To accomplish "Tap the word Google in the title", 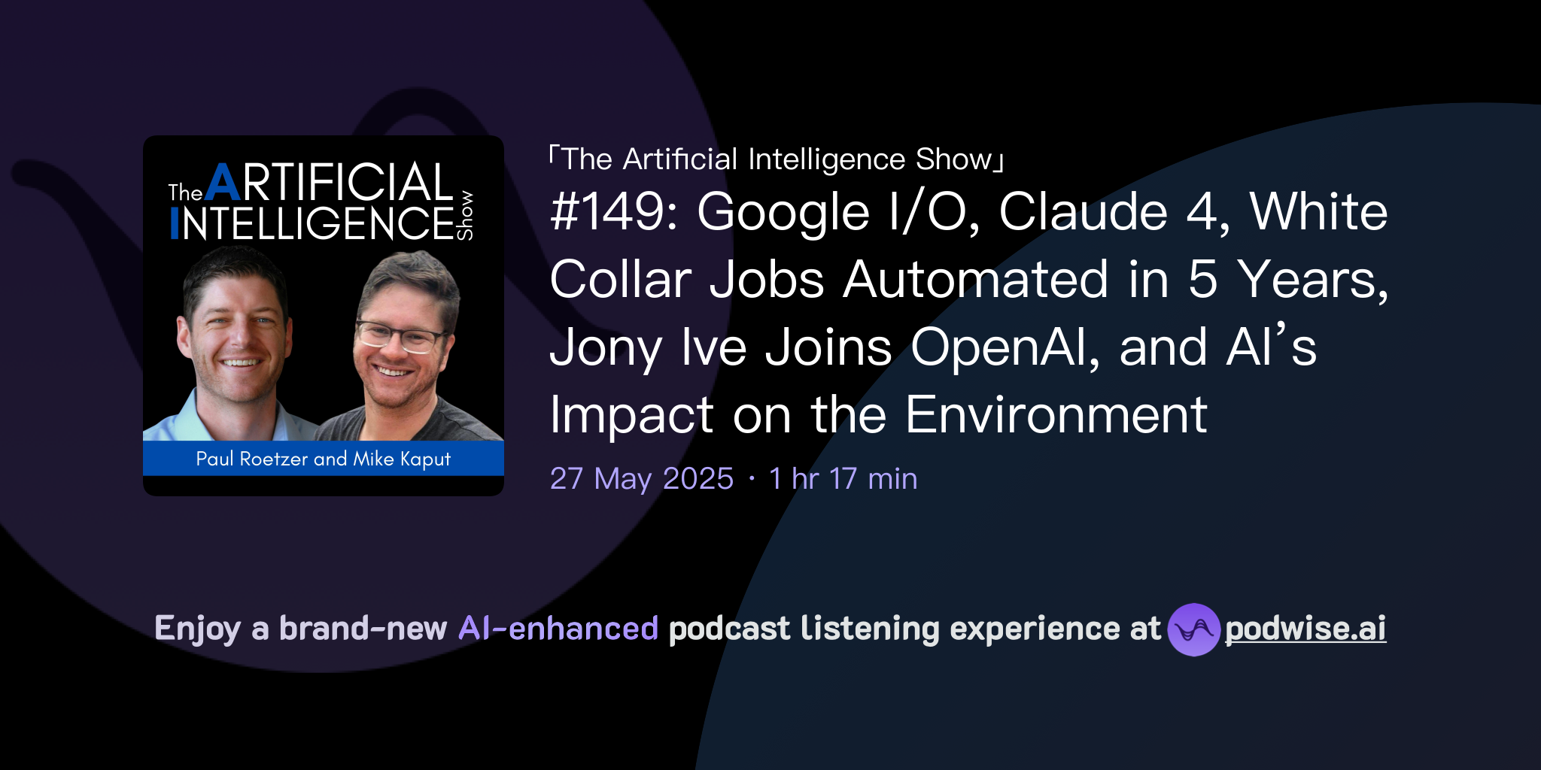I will coord(783,212).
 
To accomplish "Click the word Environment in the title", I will coord(1056,415).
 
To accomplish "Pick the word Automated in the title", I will coord(975,280).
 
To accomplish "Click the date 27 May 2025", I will coord(641,479).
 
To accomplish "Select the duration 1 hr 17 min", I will coord(843,479).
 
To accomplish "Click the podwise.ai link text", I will coord(1305,629).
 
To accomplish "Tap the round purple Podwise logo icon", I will coord(1193,629).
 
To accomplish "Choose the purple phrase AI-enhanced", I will coord(558,629).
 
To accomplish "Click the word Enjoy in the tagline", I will coord(197,629).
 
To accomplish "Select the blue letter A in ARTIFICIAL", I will coord(223,183).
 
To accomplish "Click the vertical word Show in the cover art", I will coord(466,215).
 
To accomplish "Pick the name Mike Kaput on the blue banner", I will coord(402,459).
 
